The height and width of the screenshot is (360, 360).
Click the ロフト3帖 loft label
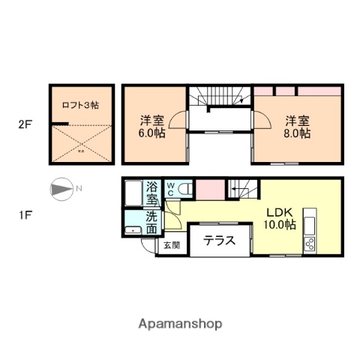(80, 106)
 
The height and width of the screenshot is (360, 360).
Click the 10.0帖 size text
(279, 224)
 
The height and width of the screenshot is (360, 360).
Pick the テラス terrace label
(220, 241)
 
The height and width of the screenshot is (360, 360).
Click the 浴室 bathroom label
(151, 193)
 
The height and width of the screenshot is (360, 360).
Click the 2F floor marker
(25, 124)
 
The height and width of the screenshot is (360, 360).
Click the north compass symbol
(61, 187)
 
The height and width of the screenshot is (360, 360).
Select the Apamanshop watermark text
(179, 324)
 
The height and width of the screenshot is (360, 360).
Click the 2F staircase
(217, 97)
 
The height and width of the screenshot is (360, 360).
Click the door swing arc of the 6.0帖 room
(177, 120)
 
